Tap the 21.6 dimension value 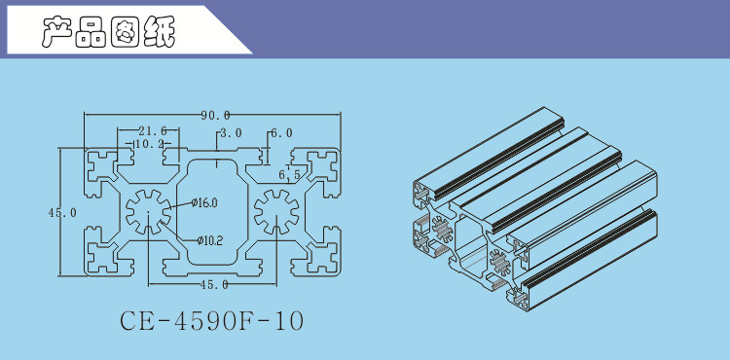(152, 131)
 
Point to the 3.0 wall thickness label (231, 133)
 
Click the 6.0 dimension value (281, 133)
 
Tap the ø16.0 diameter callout (204, 202)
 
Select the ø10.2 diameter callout (209, 240)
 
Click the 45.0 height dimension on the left (62, 212)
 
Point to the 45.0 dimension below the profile (214, 285)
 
